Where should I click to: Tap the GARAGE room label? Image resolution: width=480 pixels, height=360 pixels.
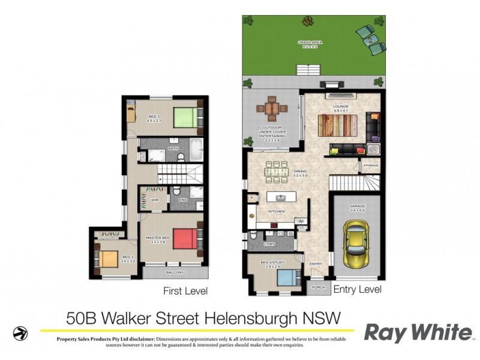357,206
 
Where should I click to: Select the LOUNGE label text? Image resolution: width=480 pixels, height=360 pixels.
341,107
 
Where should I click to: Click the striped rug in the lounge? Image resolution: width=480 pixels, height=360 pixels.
340,127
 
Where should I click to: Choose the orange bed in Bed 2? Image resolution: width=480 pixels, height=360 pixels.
109,259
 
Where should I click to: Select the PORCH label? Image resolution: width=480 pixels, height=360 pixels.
319,287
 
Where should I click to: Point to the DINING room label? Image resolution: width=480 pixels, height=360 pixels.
300,172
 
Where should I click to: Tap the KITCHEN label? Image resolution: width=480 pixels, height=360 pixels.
276,212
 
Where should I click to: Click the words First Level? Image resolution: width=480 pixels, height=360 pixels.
185,292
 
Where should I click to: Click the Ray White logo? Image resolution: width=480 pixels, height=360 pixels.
418,332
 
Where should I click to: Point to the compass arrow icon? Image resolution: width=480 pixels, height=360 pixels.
20,332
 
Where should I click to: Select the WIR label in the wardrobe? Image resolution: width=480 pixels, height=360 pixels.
154,200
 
